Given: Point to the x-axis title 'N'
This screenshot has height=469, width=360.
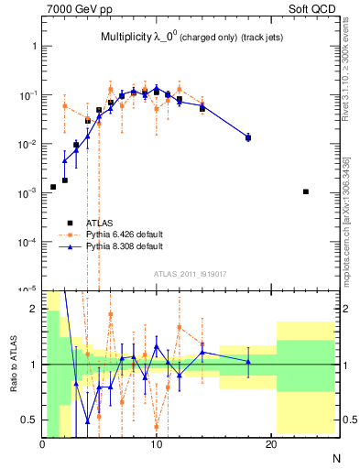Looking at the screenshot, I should (335, 458).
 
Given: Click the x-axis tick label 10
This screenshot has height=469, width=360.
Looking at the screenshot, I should (157, 445).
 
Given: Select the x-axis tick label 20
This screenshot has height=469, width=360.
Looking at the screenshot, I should (271, 445).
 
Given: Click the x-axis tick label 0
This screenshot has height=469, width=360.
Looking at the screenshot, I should (42, 445).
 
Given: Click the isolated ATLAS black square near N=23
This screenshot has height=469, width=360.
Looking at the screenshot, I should (306, 191).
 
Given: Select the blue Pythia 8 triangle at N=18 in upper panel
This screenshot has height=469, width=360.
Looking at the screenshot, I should (248, 137).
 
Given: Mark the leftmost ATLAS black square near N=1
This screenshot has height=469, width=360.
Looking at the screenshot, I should (53, 187).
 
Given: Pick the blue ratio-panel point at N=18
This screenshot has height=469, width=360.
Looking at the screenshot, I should (248, 361).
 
